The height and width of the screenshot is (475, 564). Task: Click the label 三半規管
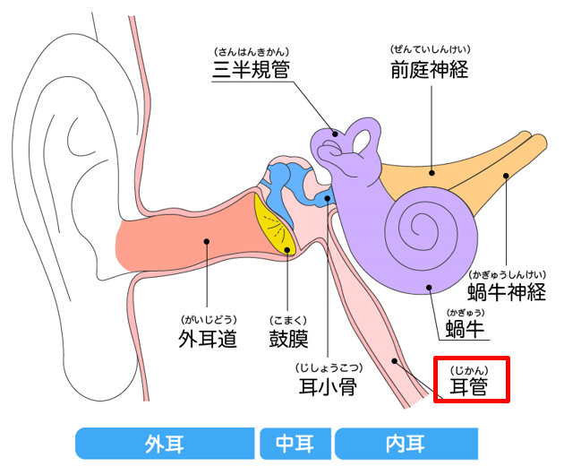[x=251, y=69]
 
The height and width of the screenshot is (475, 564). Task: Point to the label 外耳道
[x=208, y=340]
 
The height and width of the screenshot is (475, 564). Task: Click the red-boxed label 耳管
[x=472, y=387]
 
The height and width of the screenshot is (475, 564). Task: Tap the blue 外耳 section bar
[x=166, y=443]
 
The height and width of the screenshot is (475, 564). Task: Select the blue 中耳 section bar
[x=295, y=443]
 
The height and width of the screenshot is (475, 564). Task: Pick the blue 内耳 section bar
[x=406, y=443]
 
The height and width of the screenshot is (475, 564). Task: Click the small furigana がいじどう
[x=208, y=319]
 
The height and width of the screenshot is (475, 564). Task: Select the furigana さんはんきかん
[x=251, y=49]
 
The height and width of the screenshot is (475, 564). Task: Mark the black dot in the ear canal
[x=207, y=240]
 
